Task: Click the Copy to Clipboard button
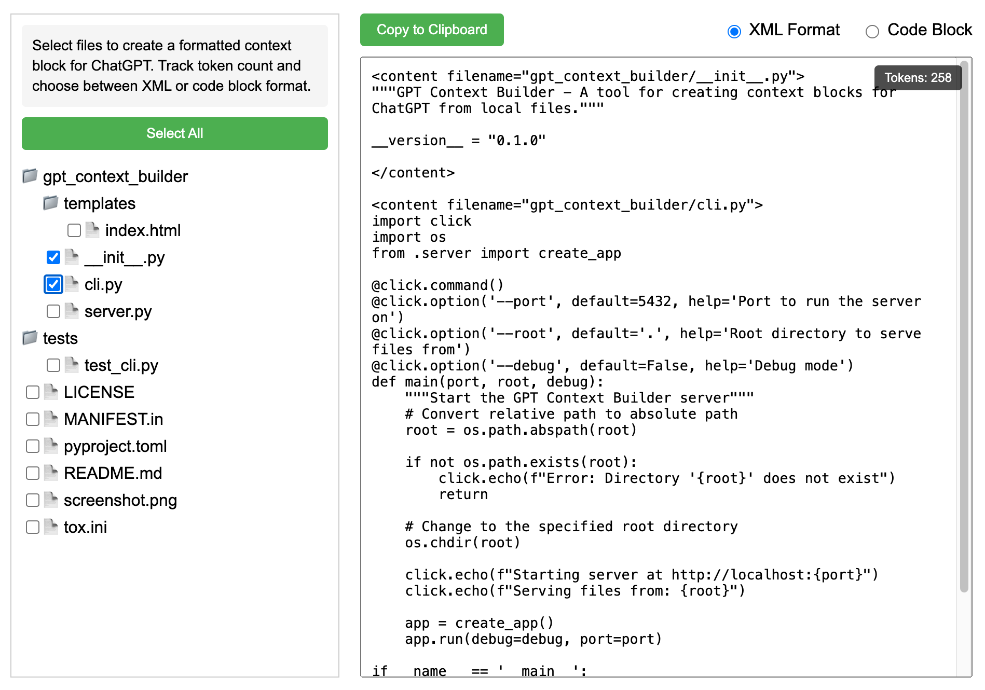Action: click(432, 30)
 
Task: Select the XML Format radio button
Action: click(734, 32)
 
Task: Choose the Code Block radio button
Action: click(872, 32)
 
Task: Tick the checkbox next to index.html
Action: click(74, 230)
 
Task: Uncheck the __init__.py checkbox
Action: click(53, 257)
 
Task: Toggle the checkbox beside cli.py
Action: click(53, 284)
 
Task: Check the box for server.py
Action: click(53, 311)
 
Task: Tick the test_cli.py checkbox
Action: click(53, 365)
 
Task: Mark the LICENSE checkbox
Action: click(33, 392)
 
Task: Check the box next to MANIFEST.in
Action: click(33, 419)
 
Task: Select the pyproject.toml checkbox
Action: click(33, 446)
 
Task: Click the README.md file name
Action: click(113, 473)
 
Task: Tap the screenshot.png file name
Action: click(120, 500)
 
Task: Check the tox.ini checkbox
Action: click(33, 527)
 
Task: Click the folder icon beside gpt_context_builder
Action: click(30, 176)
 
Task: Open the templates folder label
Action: click(100, 203)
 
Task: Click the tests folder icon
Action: click(30, 338)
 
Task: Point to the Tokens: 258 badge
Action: click(918, 78)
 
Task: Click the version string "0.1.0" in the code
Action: click(517, 141)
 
